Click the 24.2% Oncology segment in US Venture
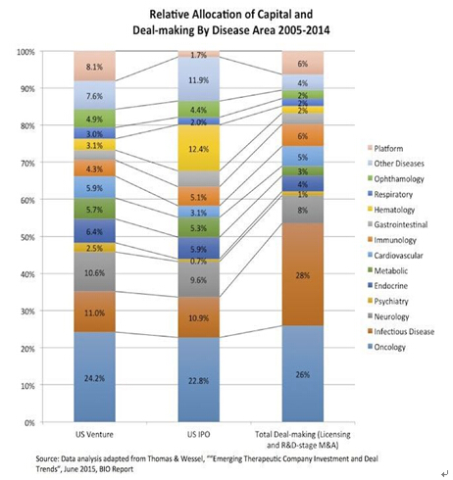tap(94, 377)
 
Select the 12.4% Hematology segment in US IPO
tap(199, 148)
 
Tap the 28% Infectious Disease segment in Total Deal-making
tap(303, 274)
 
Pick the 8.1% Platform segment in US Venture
tap(94, 66)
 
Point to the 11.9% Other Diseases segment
tap(199, 79)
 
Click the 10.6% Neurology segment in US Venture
tap(94, 271)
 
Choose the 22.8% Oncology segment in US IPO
tap(199, 379)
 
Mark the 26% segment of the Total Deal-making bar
tap(303, 374)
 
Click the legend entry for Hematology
tap(391, 210)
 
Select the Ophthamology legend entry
tap(396, 178)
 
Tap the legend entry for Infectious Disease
tap(401, 331)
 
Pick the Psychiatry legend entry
tap(388, 301)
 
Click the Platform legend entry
tap(385, 148)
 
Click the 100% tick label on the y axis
tap(25, 52)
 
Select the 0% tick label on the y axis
tap(28, 423)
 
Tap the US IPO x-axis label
tap(199, 434)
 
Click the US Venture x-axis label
tap(94, 434)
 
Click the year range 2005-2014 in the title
tap(304, 30)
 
